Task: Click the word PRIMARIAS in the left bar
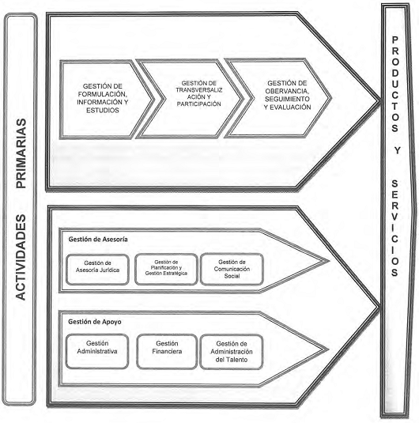21,153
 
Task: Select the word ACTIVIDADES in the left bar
21,257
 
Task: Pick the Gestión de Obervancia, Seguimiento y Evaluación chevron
278,98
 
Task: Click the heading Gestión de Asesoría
98,240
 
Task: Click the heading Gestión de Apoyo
95,322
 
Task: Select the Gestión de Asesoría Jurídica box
97,270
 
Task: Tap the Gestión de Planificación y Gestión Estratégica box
166,269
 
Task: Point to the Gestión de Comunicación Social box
232,269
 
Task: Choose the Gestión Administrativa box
97,351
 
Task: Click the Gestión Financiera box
167,352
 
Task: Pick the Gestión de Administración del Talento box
232,352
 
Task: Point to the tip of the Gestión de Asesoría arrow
329,261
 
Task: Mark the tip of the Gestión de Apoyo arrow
328,349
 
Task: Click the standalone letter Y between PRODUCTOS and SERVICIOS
396,150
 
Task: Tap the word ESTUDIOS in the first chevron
103,110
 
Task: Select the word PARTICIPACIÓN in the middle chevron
199,104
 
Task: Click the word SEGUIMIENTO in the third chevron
287,99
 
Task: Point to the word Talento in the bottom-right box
236,360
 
